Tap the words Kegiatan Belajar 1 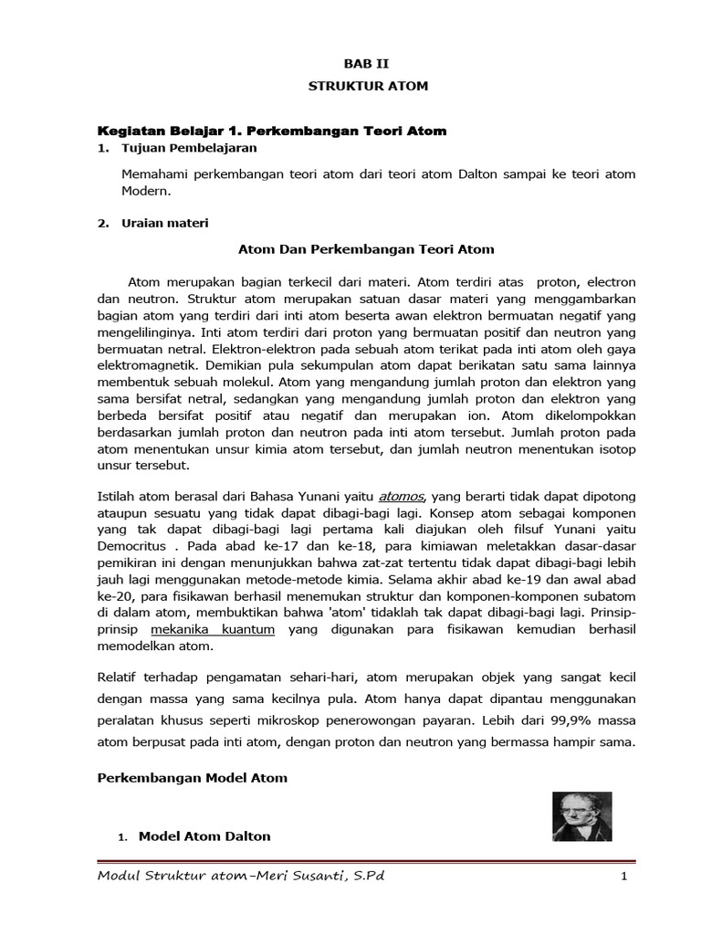[x=162, y=131]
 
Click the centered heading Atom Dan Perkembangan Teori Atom [x=366, y=248]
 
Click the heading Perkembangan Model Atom [x=192, y=778]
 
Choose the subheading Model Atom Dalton [x=204, y=835]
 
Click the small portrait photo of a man [x=575, y=816]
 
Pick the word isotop [x=615, y=448]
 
